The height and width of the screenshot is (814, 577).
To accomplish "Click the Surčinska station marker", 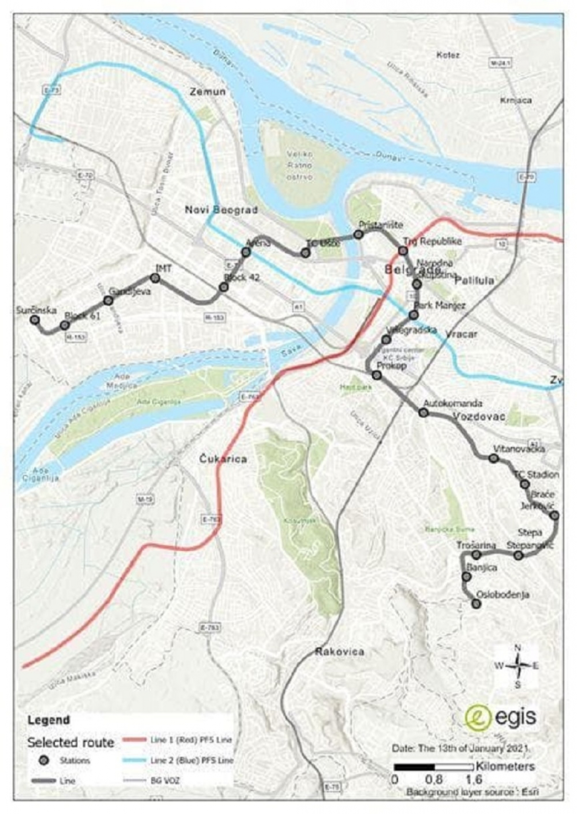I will pos(35,319).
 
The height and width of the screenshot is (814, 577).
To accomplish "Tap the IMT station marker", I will pos(156,278).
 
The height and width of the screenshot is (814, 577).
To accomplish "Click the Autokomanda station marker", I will pos(424,413).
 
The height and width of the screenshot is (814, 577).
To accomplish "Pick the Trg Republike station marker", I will pos(403,251).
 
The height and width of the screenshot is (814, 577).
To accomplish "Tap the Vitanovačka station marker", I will pos(493,458).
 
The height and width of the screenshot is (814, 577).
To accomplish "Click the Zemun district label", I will pos(207,92).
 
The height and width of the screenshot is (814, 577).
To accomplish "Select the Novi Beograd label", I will pos(221,210).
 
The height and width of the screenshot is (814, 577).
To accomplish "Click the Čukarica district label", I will pos(223,459).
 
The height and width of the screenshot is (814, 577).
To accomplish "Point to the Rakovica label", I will pos(339,651).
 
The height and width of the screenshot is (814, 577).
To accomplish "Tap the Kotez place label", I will pos(448,55).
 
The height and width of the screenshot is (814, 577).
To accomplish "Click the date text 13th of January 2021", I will pos(460,748).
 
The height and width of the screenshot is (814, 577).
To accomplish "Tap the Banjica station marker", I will pos(466,577).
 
